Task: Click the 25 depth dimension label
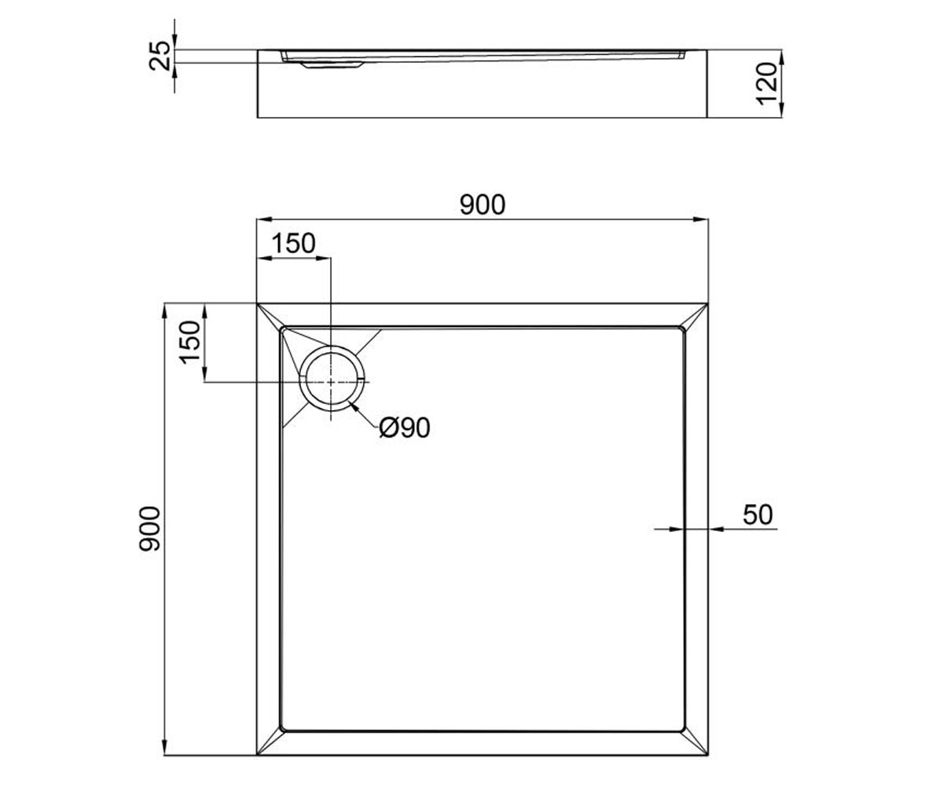coord(160,56)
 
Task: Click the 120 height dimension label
coord(767,84)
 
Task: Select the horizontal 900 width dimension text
coord(483,204)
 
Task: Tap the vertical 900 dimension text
coord(149,529)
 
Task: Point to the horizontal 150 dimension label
coord(294,244)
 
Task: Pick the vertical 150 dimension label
coord(189,341)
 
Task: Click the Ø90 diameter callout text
coord(405,428)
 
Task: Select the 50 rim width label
coord(758,515)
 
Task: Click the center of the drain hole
coord(331,382)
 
